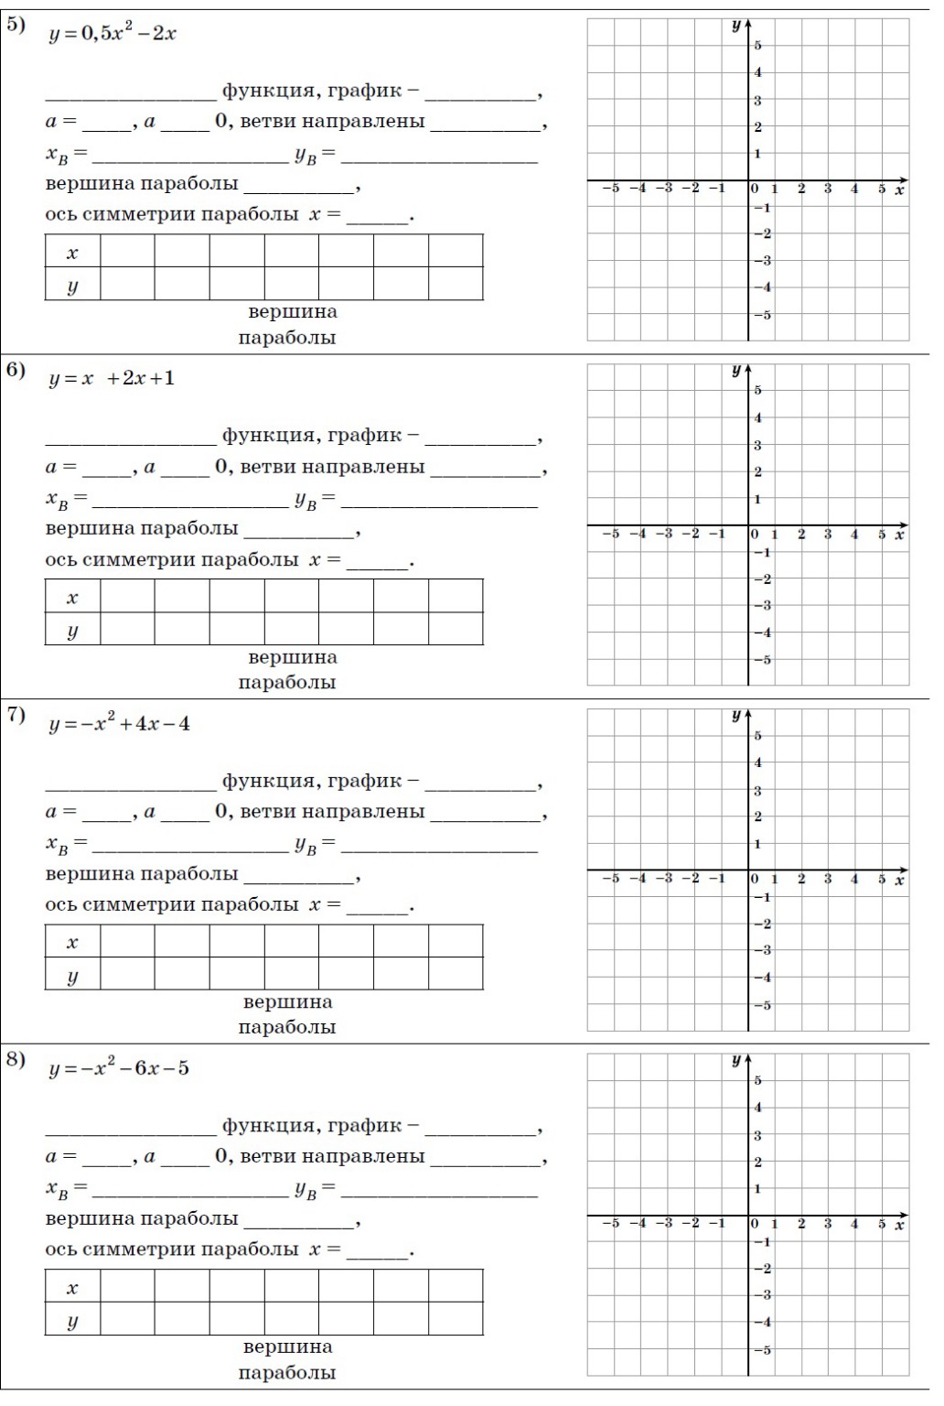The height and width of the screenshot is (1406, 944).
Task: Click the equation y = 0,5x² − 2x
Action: (x=112, y=34)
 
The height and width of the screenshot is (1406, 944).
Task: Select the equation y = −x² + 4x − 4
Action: (x=119, y=724)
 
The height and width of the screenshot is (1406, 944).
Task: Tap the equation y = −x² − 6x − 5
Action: (x=119, y=1069)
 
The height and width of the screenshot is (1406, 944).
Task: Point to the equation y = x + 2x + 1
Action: (x=111, y=379)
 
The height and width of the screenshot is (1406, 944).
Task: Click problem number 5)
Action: (x=16, y=26)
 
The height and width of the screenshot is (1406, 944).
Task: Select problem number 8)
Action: (x=16, y=1060)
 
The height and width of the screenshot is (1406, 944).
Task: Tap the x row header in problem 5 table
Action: (x=72, y=252)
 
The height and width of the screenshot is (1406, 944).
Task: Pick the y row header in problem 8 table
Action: (x=72, y=1320)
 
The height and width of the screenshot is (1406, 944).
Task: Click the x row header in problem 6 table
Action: (x=72, y=597)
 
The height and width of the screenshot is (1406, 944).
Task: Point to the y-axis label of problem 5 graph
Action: (x=735, y=26)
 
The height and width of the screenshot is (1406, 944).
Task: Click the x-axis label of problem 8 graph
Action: (x=899, y=1225)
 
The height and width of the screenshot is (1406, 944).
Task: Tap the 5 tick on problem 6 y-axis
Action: (x=757, y=391)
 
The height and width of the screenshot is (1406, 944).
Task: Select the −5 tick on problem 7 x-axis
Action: (x=610, y=879)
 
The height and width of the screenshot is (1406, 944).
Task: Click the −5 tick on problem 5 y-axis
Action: (x=761, y=315)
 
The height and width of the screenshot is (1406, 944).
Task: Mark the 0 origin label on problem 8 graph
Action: (x=755, y=1224)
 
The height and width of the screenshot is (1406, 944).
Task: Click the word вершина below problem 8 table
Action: (x=287, y=1347)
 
